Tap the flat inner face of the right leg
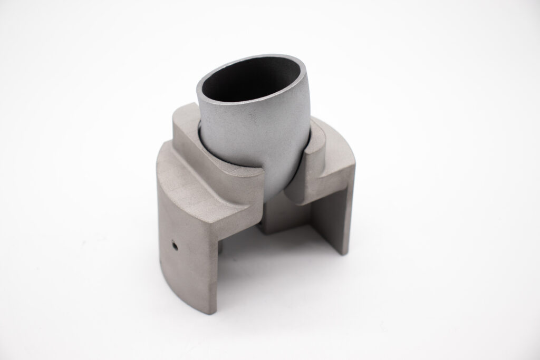[x=327, y=216]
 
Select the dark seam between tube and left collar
[x=201, y=137]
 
